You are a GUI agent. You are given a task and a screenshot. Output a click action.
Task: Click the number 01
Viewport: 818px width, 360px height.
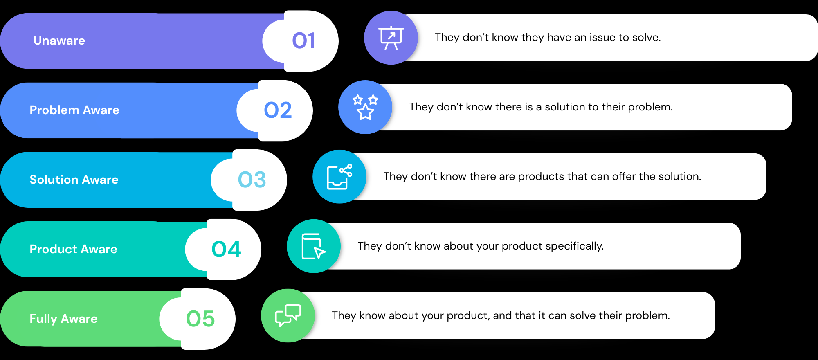[303, 41]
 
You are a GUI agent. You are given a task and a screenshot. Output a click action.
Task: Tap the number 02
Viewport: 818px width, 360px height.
[278, 110]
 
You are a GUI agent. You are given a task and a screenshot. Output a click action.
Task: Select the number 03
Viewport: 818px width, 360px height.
[252, 180]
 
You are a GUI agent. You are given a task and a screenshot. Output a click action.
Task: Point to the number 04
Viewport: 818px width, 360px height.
[226, 250]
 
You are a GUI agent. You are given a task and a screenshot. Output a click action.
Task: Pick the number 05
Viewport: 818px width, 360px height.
[200, 319]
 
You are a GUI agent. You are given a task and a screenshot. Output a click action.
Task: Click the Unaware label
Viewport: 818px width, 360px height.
[59, 40]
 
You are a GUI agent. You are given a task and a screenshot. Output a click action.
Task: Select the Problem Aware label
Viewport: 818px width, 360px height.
[74, 110]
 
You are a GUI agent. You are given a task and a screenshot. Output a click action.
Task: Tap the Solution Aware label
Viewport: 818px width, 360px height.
[74, 180]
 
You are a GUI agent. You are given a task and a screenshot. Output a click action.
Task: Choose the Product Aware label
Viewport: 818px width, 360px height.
[74, 249]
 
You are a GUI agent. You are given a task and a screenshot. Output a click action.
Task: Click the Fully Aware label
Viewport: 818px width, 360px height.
[63, 319]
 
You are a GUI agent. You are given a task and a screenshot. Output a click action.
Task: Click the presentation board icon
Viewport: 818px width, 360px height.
[391, 38]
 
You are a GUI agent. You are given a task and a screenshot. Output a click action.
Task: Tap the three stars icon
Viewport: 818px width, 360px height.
[365, 107]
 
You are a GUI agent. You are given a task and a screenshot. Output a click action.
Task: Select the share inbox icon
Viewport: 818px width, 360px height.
[339, 177]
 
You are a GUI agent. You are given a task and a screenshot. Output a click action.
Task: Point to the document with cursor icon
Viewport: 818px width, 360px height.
[313, 246]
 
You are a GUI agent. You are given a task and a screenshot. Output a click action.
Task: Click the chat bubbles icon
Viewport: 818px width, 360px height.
[288, 316]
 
